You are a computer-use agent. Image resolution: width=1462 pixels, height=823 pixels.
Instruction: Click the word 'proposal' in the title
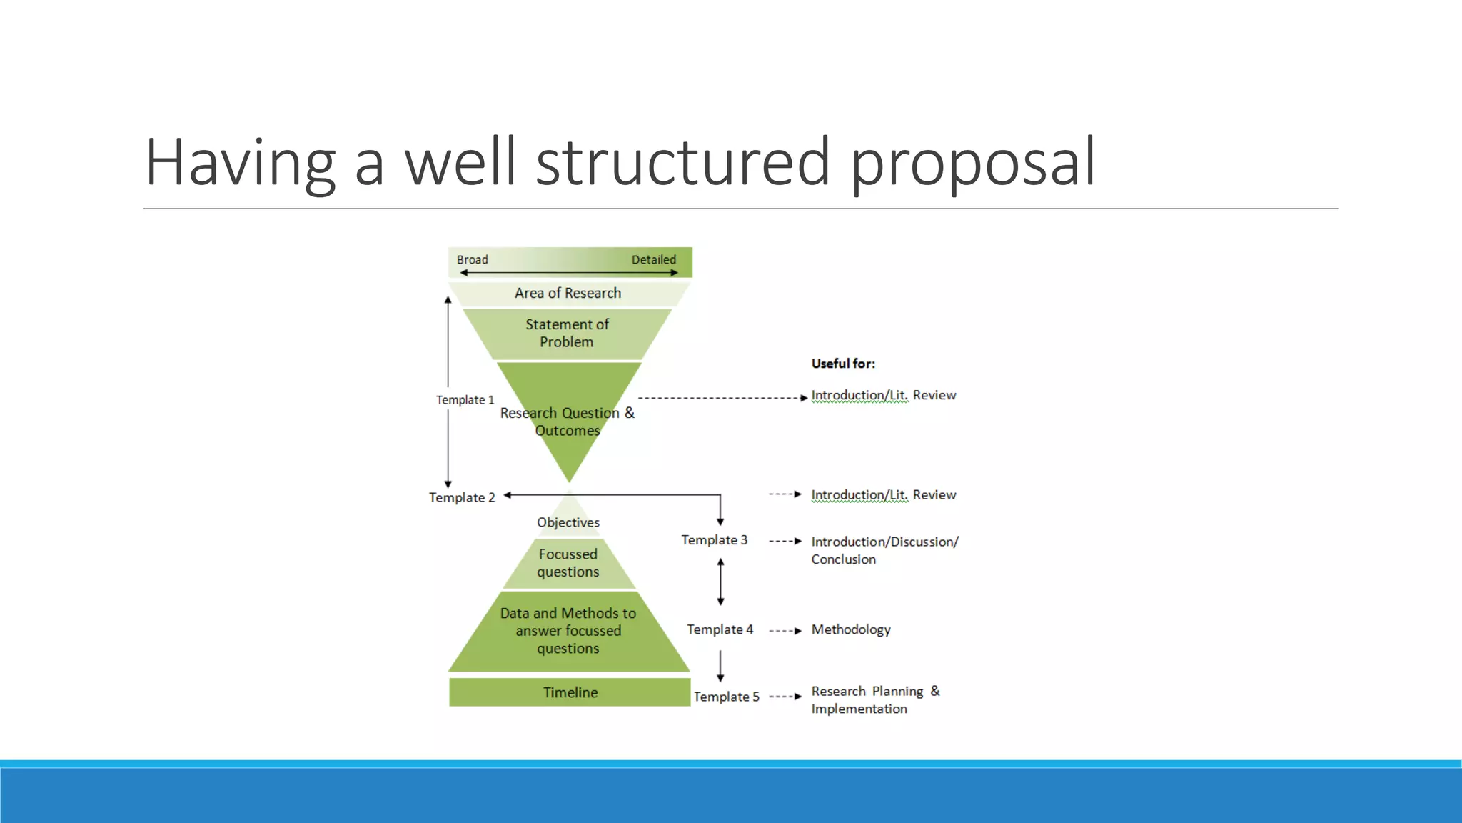(972, 163)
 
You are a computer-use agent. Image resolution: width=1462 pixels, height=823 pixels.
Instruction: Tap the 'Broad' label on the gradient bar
(472, 259)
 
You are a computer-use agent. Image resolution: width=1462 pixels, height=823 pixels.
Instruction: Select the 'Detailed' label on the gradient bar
(653, 259)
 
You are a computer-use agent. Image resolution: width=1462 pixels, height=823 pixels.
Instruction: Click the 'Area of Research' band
(568, 293)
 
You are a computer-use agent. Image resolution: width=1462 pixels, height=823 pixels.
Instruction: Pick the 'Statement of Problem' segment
(567, 333)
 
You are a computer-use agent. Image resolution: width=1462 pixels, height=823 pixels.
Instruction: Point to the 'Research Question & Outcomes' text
(567, 421)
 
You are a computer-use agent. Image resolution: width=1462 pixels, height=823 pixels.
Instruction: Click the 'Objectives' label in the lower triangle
(568, 522)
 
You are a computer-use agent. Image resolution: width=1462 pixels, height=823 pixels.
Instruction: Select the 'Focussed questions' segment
(568, 563)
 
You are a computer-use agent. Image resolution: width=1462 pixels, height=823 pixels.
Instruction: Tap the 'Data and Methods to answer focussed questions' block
(568, 631)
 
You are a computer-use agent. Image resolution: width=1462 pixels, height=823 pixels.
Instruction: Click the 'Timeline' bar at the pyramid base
(570, 692)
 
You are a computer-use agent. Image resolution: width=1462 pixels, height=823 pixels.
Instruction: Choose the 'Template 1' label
(465, 400)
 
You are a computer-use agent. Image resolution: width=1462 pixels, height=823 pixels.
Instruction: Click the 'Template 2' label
(461, 497)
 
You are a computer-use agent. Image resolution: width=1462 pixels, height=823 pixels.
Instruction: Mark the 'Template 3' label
(714, 540)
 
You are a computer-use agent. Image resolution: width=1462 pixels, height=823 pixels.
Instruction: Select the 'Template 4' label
(720, 629)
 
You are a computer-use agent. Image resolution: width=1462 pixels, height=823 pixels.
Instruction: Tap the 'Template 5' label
(726, 697)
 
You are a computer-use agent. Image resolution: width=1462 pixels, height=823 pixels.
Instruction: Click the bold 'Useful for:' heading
(842, 364)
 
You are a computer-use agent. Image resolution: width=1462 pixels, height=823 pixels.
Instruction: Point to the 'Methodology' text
(850, 629)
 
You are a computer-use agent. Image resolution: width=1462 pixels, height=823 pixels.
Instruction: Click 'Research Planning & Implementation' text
(874, 699)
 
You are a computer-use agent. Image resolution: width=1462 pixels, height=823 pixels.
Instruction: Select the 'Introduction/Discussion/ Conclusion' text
(884, 550)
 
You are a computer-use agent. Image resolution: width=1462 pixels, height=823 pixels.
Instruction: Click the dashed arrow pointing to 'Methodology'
(785, 631)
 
